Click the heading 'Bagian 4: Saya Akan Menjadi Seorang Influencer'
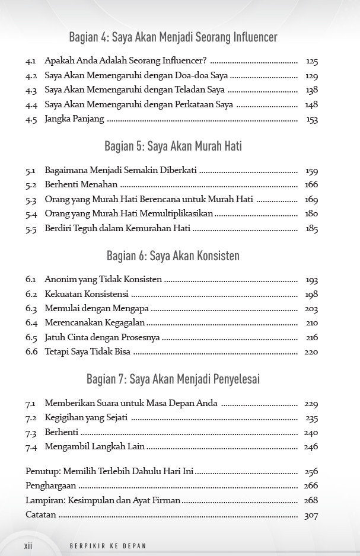(173, 37)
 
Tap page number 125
(312, 62)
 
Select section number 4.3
(31, 91)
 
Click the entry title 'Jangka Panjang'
(74, 119)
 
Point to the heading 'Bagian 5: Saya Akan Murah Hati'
(173, 146)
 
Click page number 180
(312, 214)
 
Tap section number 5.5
(31, 229)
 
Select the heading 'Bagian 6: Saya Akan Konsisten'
(173, 256)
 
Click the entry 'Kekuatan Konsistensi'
(87, 295)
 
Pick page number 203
(311, 309)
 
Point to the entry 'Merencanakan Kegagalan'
(95, 323)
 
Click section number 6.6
(31, 352)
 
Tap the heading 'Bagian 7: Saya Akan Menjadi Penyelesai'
(173, 379)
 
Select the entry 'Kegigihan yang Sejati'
(87, 418)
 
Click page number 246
(311, 447)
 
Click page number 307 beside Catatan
(311, 516)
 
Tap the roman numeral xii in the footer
(28, 545)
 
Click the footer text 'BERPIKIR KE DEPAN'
(108, 546)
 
